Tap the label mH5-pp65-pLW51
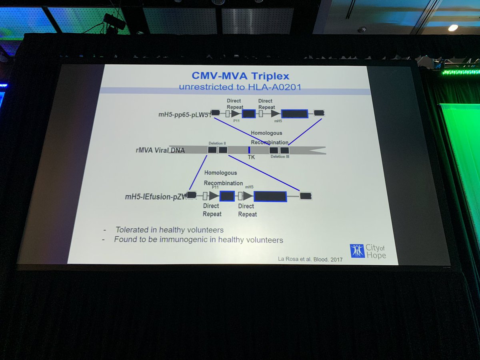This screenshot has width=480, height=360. (184, 115)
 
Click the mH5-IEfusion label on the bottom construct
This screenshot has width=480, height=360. (156, 196)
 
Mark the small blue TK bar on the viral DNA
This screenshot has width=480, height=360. (249, 150)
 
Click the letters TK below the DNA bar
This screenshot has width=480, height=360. (251, 157)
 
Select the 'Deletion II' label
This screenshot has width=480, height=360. (217, 143)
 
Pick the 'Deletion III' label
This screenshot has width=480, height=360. (280, 157)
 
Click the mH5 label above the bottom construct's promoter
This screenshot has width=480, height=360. (249, 187)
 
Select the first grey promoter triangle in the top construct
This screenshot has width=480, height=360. (236, 114)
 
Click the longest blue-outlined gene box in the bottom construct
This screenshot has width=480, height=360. (270, 196)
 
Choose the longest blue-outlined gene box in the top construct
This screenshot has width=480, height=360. (294, 114)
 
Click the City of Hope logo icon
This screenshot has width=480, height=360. (357, 251)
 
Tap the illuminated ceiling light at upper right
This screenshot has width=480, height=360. (453, 28)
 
